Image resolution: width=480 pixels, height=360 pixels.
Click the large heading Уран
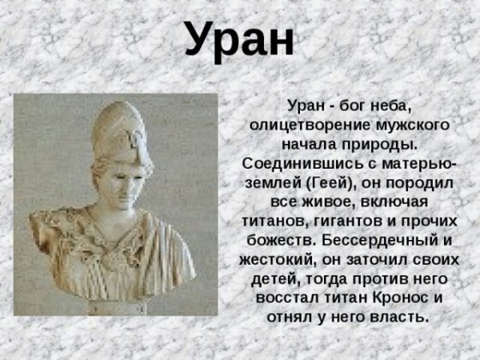coord(239,38)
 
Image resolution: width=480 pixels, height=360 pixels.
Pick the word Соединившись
coord(301,164)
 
